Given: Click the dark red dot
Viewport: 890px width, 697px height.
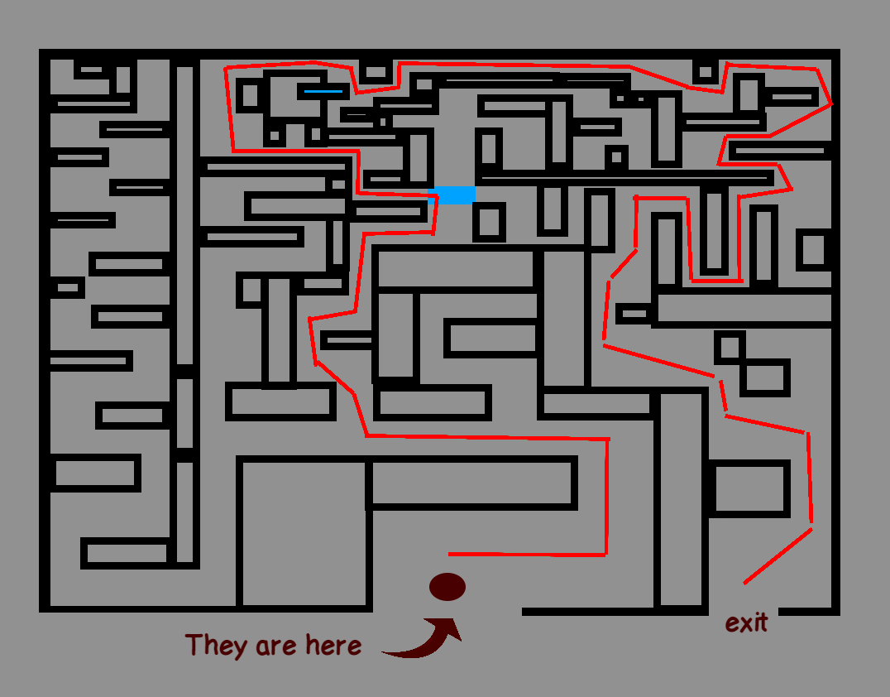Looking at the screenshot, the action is pyautogui.click(x=447, y=587).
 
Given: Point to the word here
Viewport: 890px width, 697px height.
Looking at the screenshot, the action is pyautogui.click(x=333, y=645).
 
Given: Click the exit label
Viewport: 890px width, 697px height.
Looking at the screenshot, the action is pyautogui.click(x=746, y=622).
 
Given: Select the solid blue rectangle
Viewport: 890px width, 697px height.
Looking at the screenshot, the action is pyautogui.click(x=456, y=195).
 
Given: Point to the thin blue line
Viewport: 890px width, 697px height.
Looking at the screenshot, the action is pyautogui.click(x=323, y=91).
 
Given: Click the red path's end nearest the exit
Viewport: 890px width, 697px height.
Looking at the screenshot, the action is pyautogui.click(x=744, y=584).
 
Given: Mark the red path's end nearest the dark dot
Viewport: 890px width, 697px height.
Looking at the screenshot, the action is pyautogui.click(x=449, y=554).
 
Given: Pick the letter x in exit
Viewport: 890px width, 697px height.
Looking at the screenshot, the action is pyautogui.click(x=745, y=623).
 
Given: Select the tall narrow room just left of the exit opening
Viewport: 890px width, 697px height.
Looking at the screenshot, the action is pyautogui.click(x=681, y=501).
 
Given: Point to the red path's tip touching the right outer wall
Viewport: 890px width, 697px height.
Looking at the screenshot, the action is pyautogui.click(x=830, y=104).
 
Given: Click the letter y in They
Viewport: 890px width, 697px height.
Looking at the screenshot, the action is pyautogui.click(x=238, y=648).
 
